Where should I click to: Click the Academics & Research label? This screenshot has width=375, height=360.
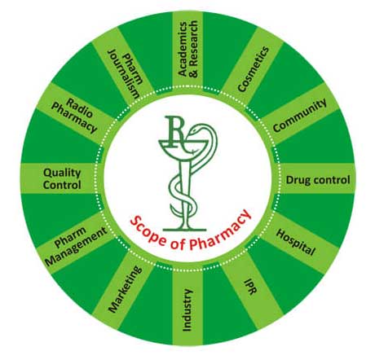[x=187, y=49]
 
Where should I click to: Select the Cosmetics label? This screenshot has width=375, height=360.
[x=253, y=69]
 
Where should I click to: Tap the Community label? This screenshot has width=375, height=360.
[x=300, y=115]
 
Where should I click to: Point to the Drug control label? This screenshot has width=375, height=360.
[x=318, y=180]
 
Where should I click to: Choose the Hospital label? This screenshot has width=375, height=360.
[x=296, y=243]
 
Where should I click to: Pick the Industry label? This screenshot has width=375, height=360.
[x=187, y=310]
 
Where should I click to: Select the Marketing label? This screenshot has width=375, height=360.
[x=125, y=288]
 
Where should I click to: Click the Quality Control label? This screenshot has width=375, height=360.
[x=62, y=178]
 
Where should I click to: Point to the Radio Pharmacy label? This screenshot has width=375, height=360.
[x=74, y=116]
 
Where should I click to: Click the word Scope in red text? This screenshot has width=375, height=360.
[x=148, y=228]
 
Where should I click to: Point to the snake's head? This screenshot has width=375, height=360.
[x=195, y=130]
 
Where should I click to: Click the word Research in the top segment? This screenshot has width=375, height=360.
[x=193, y=49]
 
